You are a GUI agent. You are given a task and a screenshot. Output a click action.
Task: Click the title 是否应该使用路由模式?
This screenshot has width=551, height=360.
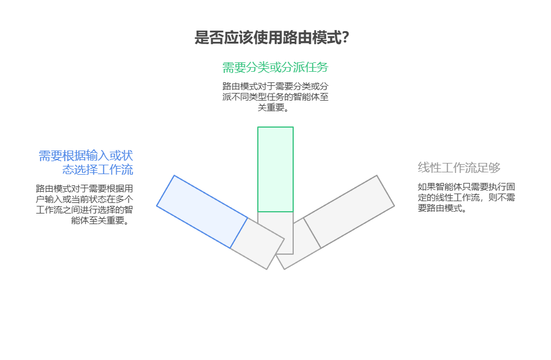(272, 38)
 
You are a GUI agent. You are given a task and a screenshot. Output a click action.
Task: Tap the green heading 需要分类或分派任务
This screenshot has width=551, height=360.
(275, 67)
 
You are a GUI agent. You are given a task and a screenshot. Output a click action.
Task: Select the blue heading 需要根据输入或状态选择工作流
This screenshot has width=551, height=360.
(86, 163)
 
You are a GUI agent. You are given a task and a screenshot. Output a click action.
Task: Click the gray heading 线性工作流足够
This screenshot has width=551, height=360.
(459, 168)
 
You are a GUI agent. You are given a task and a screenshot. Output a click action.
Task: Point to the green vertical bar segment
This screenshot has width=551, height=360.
(275, 169)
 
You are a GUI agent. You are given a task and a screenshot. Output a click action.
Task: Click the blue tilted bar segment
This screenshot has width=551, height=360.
(202, 211)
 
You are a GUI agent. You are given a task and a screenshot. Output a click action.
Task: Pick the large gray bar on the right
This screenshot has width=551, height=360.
(349, 211)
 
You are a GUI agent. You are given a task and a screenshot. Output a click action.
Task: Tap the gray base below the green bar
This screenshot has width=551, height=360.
(275, 232)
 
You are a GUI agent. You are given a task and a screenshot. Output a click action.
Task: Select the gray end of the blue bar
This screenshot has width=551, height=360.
(257, 244)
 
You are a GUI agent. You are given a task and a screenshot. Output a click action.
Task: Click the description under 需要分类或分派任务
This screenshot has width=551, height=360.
(275, 96)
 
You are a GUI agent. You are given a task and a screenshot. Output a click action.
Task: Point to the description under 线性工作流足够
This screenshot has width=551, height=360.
(466, 197)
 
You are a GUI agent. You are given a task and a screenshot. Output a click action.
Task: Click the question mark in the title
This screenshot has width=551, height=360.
(345, 38)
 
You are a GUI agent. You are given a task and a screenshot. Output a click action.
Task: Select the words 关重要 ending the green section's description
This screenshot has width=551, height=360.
(278, 107)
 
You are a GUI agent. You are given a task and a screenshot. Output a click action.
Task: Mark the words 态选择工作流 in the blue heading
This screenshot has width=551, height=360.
(98, 170)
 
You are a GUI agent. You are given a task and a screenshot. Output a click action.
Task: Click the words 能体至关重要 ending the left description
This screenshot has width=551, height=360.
(100, 221)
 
